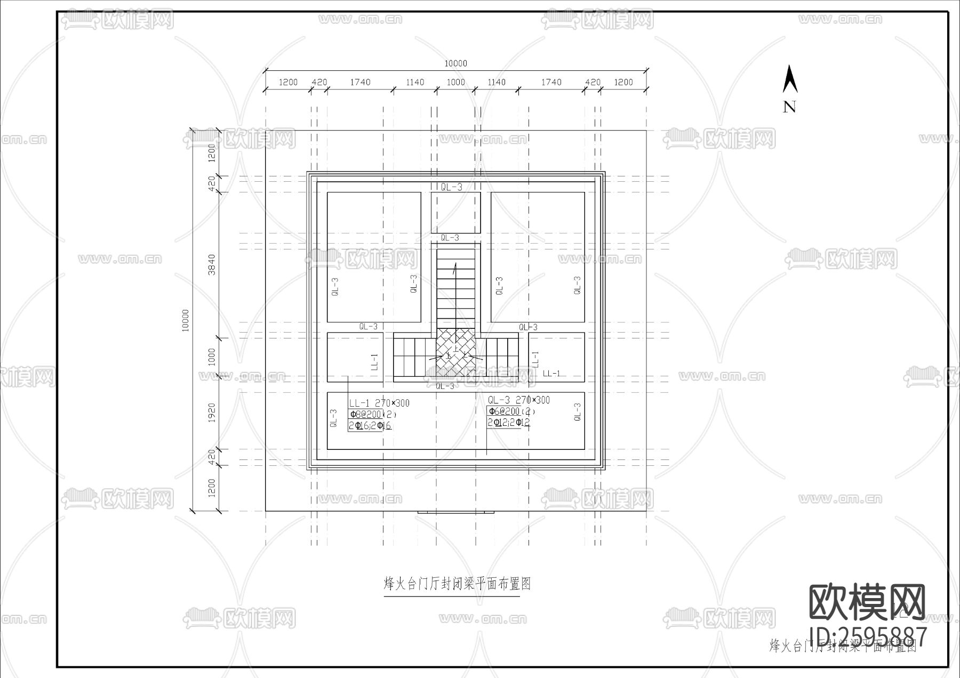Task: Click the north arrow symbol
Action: pyautogui.click(x=789, y=80)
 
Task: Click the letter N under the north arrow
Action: pyautogui.click(x=789, y=107)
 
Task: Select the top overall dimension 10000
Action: pyautogui.click(x=455, y=63)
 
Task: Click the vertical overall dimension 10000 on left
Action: pyautogui.click(x=186, y=320)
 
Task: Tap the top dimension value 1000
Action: pyautogui.click(x=455, y=82)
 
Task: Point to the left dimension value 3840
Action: pyautogui.click(x=212, y=264)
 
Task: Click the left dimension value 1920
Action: pyautogui.click(x=212, y=413)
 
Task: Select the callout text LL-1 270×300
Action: pyautogui.click(x=379, y=403)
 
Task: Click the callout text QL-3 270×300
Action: pyautogui.click(x=518, y=400)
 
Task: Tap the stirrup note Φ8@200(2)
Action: pyautogui.click(x=372, y=414)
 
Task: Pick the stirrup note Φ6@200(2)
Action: pyautogui.click(x=511, y=411)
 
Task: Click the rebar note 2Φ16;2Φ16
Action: pyautogui.click(x=370, y=426)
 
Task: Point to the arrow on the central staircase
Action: pyautogui.click(x=455, y=272)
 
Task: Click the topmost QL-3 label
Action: pyautogui.click(x=451, y=187)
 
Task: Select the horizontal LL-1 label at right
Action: pyautogui.click(x=551, y=374)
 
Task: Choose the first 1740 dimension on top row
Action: pyautogui.click(x=360, y=82)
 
